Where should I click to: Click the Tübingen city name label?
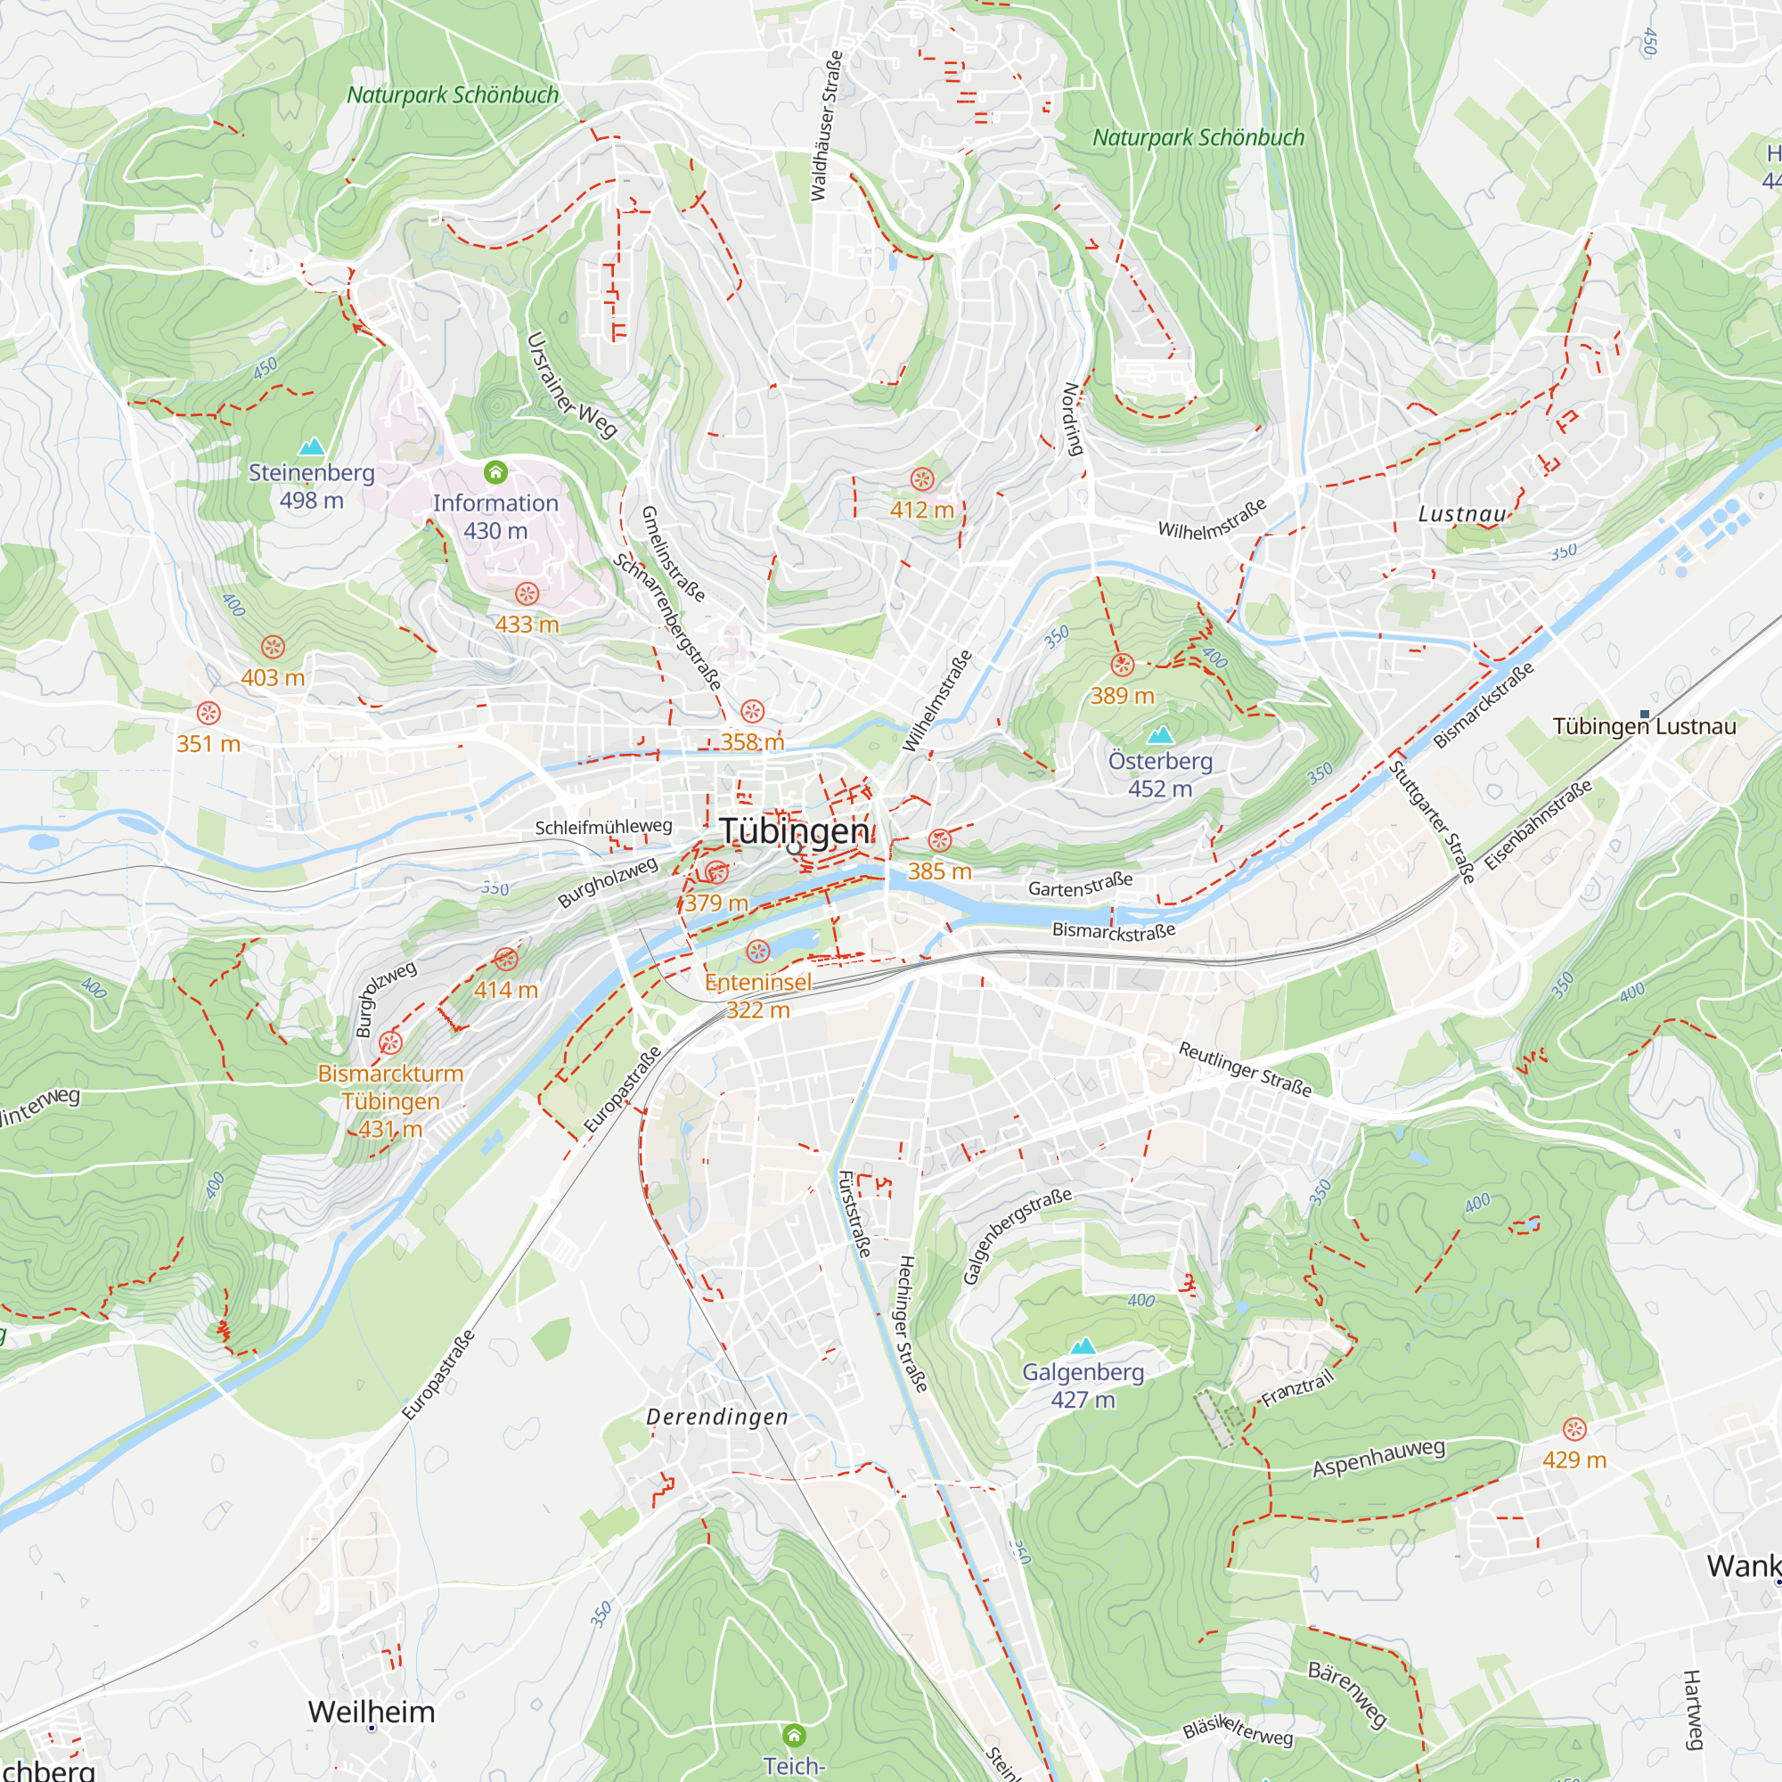point(794,830)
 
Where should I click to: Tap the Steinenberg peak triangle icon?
point(312,447)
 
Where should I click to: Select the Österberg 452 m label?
point(1160,775)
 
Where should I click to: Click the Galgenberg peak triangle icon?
point(1083,1345)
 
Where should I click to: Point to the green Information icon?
point(495,473)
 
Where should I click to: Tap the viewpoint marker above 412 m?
point(922,479)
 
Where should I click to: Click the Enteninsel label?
point(758,982)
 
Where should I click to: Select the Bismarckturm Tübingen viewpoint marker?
point(391,1042)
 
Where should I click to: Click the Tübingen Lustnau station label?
point(1645,727)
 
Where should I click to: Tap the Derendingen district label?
point(717,1418)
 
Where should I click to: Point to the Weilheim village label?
point(372,1712)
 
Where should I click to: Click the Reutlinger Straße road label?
point(1246,1069)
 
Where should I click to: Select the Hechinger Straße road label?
point(911,1324)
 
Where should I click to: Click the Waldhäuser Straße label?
point(827,127)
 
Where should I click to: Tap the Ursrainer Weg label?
point(571,386)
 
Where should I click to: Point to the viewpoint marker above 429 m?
point(1574,1429)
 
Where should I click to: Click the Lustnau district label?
point(1462,515)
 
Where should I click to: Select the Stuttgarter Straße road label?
point(1432,822)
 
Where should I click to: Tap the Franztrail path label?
point(1298,1388)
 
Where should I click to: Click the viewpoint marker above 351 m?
point(208,713)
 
